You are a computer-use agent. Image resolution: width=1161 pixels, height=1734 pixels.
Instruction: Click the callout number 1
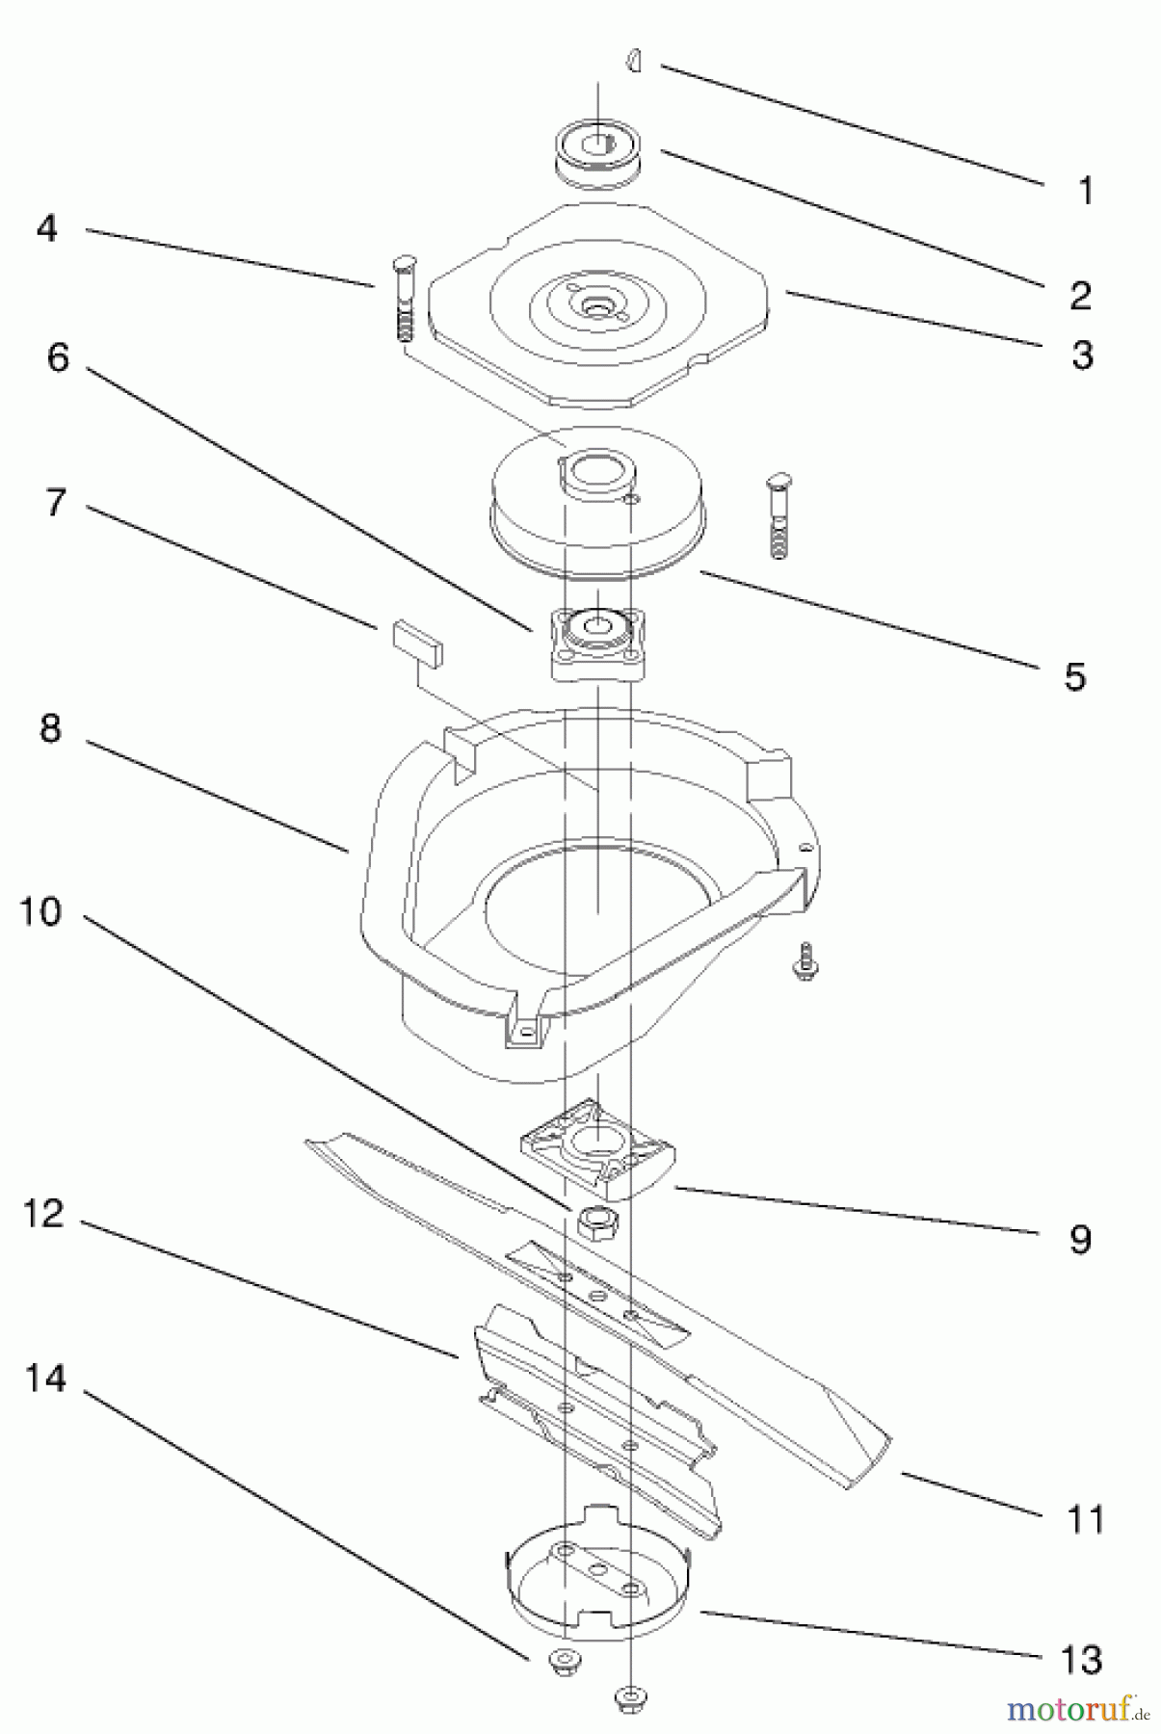1085,191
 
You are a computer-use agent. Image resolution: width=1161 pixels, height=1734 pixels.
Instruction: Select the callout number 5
1074,676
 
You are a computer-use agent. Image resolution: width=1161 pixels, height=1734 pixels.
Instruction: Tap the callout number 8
50,728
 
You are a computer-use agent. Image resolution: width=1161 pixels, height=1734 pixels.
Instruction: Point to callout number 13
1080,1659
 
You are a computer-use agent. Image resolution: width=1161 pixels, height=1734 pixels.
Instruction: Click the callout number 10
40,911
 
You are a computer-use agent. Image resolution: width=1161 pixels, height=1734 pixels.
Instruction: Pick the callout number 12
42,1214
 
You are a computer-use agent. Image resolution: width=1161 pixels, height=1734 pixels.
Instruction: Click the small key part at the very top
632,62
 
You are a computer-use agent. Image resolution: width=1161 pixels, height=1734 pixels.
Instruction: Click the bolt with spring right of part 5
778,515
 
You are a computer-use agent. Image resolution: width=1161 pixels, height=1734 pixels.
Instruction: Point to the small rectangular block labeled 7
418,643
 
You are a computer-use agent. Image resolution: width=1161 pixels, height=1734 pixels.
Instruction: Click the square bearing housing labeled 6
597,643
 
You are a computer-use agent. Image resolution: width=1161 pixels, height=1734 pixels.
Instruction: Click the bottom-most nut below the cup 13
630,1695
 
